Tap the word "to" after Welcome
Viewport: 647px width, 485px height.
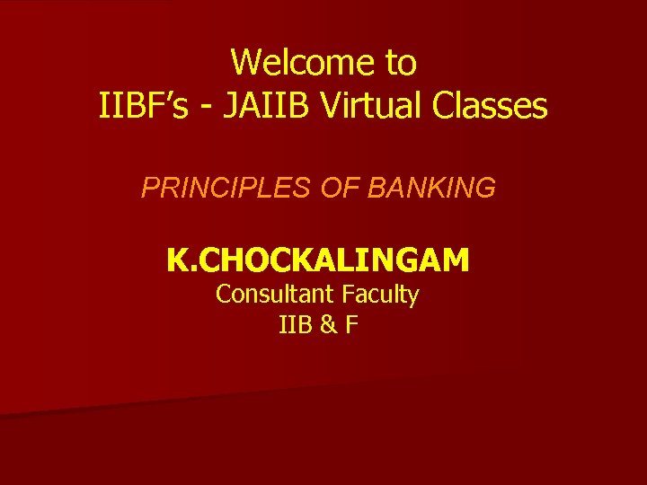point(401,63)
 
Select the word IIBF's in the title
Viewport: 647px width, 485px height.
point(141,107)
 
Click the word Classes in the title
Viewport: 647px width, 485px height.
point(489,107)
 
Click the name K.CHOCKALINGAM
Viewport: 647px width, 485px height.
point(317,260)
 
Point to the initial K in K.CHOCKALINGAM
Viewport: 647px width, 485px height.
point(176,260)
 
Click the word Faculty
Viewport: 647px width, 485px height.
point(383,295)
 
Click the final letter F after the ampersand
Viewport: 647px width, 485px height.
point(350,324)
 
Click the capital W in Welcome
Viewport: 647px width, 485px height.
point(246,63)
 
